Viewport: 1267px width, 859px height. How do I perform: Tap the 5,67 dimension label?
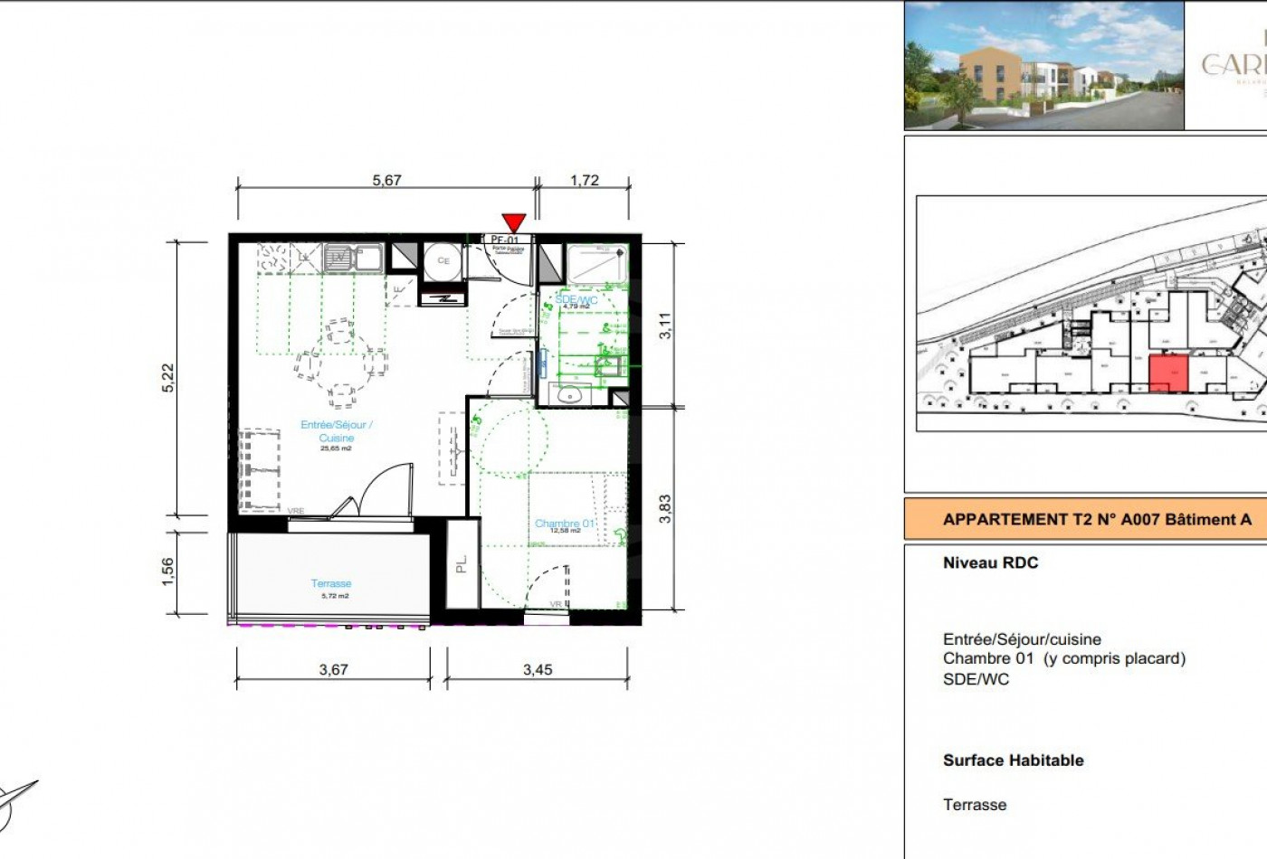pyautogui.click(x=386, y=180)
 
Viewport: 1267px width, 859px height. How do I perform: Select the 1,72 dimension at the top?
pyautogui.click(x=585, y=180)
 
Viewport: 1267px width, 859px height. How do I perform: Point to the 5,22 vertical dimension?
pyautogui.click(x=167, y=377)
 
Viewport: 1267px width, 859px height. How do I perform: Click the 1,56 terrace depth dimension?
pyautogui.click(x=167, y=571)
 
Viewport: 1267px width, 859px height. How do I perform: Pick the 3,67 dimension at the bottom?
pyautogui.click(x=334, y=670)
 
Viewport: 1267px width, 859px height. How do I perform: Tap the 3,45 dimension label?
pyautogui.click(x=538, y=670)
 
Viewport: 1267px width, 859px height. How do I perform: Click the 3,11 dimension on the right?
pyautogui.click(x=665, y=325)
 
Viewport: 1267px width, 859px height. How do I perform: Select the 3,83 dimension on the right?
pyautogui.click(x=665, y=508)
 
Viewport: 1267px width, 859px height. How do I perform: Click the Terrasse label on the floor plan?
pyautogui.click(x=331, y=583)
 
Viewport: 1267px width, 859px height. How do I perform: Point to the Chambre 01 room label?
pyautogui.click(x=565, y=524)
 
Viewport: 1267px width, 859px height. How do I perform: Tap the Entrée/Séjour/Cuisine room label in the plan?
pyautogui.click(x=337, y=430)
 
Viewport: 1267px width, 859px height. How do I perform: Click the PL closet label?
pyautogui.click(x=462, y=563)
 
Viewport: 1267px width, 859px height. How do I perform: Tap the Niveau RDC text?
pyautogui.click(x=990, y=562)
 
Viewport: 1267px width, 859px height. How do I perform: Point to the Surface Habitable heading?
pyautogui.click(x=1013, y=760)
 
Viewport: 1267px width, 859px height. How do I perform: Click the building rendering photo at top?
pyautogui.click(x=1043, y=65)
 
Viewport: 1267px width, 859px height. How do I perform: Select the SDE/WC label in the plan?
pyautogui.click(x=576, y=299)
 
